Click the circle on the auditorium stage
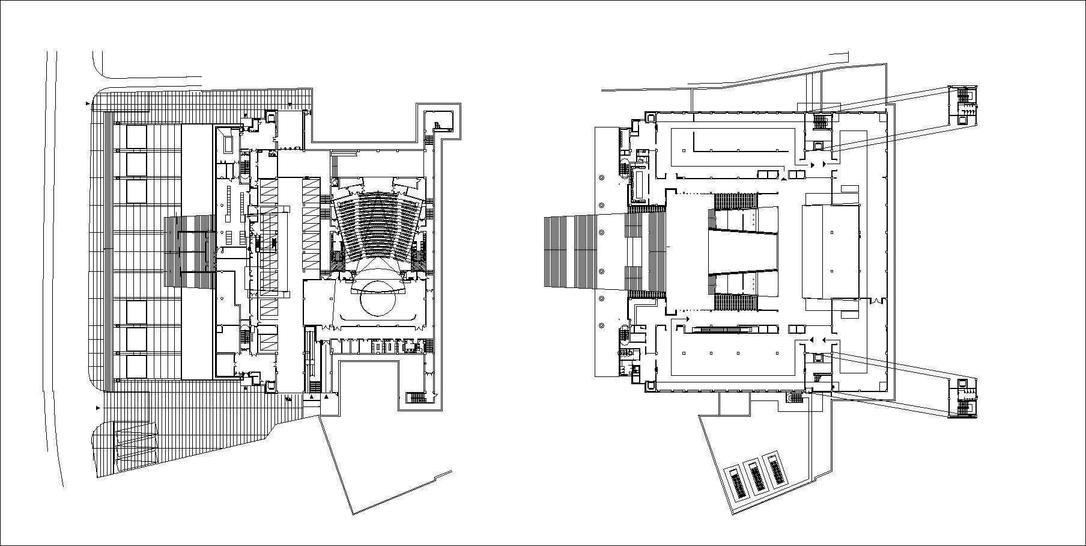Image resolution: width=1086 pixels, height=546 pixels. (377, 298)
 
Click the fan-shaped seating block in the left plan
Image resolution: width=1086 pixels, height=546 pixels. (377, 225)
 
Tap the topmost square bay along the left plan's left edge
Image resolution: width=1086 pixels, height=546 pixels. (136, 137)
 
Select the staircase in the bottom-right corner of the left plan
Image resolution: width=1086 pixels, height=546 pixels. (416, 397)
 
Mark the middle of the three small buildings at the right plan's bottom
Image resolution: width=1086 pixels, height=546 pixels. (756, 476)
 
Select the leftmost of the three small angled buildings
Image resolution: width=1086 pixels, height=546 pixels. (737, 483)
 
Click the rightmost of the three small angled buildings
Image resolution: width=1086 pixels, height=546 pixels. (775, 470)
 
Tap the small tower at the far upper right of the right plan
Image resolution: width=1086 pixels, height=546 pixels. (963, 105)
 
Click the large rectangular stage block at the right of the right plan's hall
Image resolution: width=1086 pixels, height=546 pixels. (831, 251)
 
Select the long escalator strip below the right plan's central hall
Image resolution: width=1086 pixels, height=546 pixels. (723, 329)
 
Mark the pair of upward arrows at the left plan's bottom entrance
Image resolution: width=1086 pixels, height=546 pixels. (318, 397)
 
